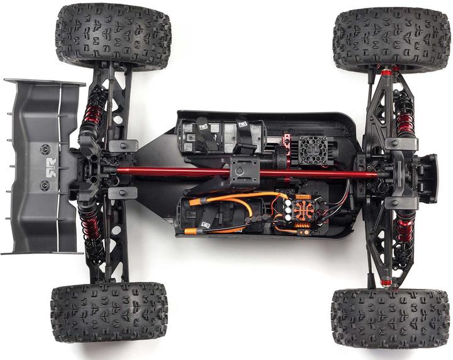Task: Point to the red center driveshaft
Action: pos(189,172)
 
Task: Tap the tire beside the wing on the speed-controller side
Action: pos(108,312)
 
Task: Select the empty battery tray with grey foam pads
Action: pos(220,135)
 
